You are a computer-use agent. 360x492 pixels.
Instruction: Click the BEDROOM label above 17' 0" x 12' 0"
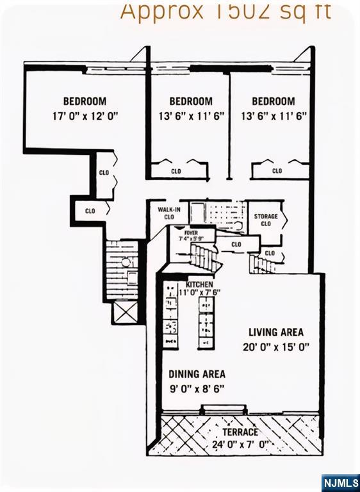pyautogui.click(x=85, y=101)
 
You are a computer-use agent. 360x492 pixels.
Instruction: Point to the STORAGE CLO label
pyautogui.click(x=266, y=220)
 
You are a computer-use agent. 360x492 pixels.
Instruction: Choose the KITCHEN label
pyautogui.click(x=199, y=284)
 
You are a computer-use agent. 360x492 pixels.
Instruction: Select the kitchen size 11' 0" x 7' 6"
pyautogui.click(x=200, y=292)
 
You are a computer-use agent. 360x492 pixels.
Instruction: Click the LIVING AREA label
pyautogui.click(x=276, y=332)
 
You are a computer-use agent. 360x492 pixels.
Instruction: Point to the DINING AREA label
pyautogui.click(x=197, y=374)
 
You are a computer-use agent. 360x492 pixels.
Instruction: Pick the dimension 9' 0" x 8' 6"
pyautogui.click(x=197, y=389)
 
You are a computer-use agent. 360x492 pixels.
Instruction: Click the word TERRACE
pyautogui.click(x=240, y=432)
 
